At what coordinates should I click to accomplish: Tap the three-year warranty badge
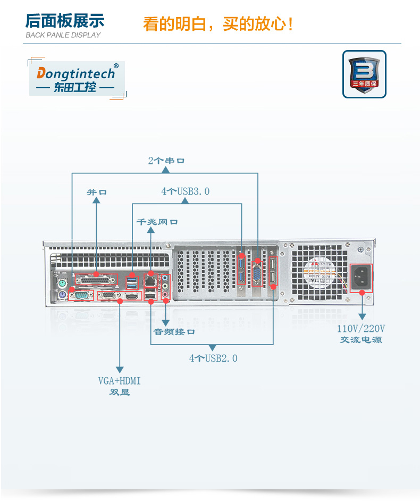click(x=364, y=74)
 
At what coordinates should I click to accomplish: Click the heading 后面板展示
click(x=65, y=21)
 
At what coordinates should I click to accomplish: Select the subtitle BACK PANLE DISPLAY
click(x=63, y=35)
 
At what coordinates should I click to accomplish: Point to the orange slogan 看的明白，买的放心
click(x=218, y=24)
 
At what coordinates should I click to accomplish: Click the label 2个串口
click(x=166, y=160)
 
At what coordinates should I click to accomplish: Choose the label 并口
click(x=96, y=191)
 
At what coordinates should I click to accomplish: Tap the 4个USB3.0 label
click(x=186, y=191)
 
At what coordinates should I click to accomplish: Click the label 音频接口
click(x=174, y=331)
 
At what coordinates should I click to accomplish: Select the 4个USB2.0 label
click(x=213, y=358)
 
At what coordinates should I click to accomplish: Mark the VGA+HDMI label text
click(x=119, y=381)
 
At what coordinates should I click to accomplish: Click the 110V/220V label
click(x=361, y=328)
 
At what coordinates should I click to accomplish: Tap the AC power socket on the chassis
click(x=361, y=278)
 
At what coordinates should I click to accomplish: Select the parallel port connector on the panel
click(x=96, y=280)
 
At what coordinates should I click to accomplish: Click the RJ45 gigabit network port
click(x=150, y=280)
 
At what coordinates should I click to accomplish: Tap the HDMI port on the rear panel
click(x=132, y=295)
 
